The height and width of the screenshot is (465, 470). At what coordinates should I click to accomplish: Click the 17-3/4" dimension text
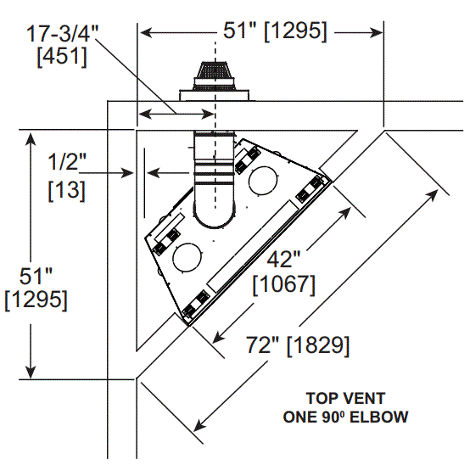[x=62, y=33]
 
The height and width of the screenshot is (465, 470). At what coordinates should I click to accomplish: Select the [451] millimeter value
[x=62, y=56]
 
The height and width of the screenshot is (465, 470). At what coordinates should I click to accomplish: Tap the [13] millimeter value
[x=66, y=190]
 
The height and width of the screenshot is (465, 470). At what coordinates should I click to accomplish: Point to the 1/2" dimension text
[x=67, y=161]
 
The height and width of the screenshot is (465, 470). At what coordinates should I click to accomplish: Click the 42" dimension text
[x=283, y=259]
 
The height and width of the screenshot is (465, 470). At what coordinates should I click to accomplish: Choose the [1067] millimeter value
[x=284, y=284]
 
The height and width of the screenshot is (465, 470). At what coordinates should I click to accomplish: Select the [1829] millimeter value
[x=318, y=345]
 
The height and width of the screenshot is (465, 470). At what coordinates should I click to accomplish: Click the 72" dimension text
[x=263, y=345]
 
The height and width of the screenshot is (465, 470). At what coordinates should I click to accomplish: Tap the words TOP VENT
[x=345, y=399]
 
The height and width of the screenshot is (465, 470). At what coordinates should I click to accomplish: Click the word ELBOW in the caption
[x=379, y=417]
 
